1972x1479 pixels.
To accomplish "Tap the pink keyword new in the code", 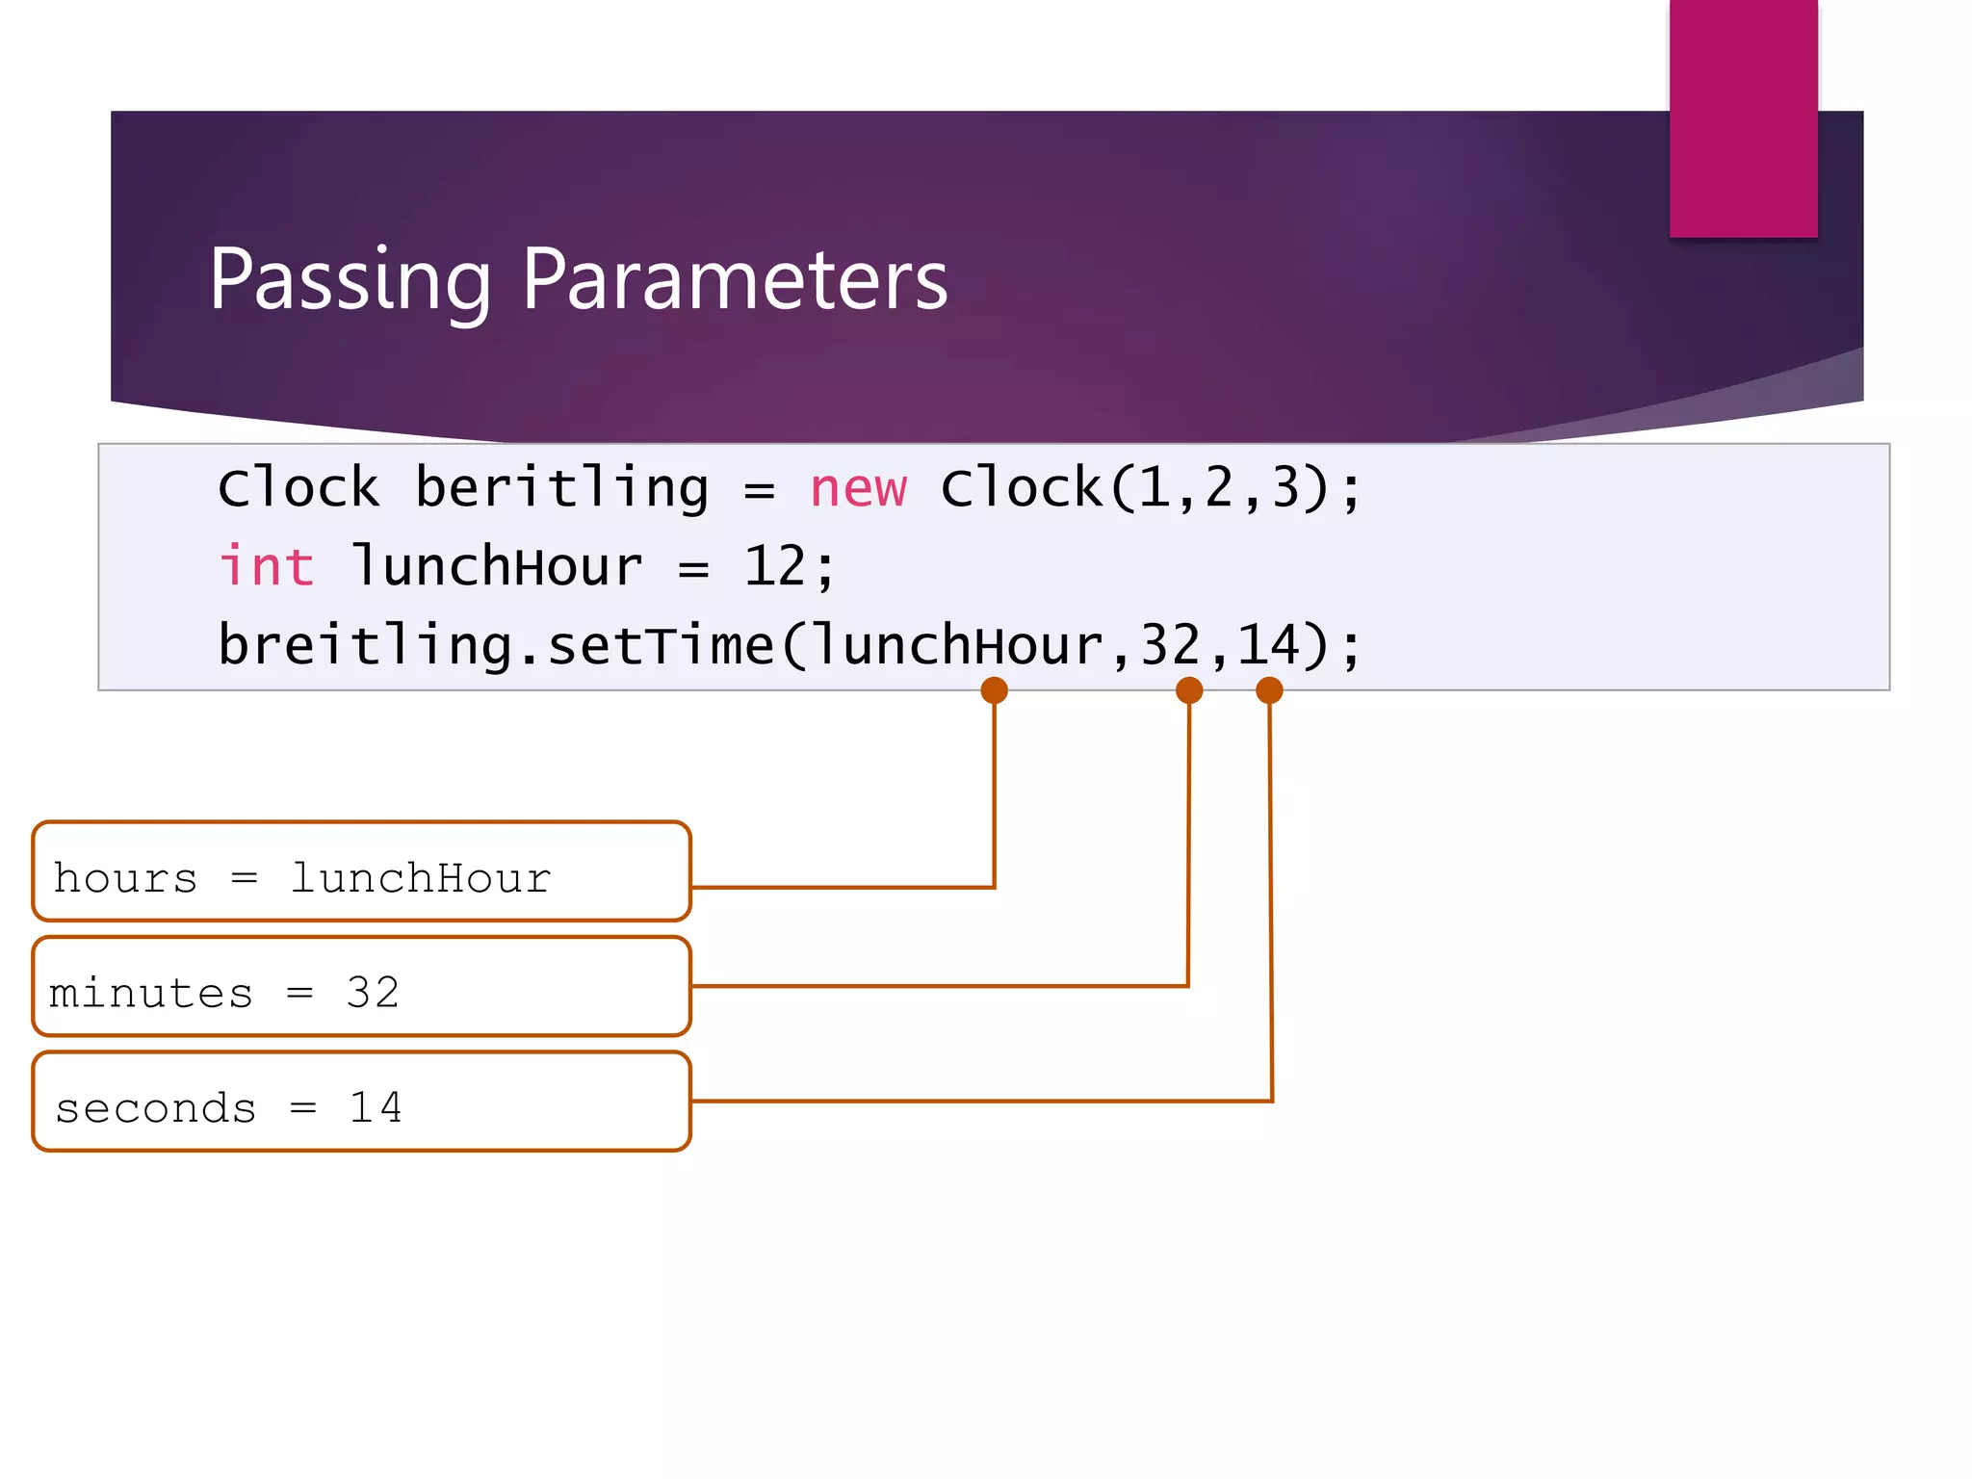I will pyautogui.click(x=858, y=488).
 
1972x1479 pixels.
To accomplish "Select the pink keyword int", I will pyautogui.click(x=267, y=566).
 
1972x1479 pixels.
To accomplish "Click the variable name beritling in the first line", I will pyautogui.click(x=562, y=488).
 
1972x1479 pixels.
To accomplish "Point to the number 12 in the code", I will pyautogui.click(x=775, y=566).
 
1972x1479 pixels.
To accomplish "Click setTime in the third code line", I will pyautogui.click(x=661, y=645).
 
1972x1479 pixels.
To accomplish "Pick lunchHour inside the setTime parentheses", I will pyautogui.click(x=959, y=645).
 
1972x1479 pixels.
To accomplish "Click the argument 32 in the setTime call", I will pyautogui.click(x=1171, y=645).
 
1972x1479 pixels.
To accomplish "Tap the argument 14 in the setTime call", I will pyautogui.click(x=1268, y=645).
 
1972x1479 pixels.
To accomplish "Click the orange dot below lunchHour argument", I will pyautogui.click(x=994, y=690).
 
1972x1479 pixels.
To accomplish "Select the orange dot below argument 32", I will pyautogui.click(x=1189, y=690).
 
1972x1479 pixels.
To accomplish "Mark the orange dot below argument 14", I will pyautogui.click(x=1269, y=690).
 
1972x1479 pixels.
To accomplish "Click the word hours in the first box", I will pyautogui.click(x=125, y=878).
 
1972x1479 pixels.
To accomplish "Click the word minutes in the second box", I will pyautogui.click(x=151, y=993).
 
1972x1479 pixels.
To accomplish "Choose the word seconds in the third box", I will pyautogui.click(x=156, y=1108).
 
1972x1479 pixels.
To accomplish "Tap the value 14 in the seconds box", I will pyautogui.click(x=376, y=1107).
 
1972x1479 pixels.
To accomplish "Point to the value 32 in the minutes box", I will pyautogui.click(x=373, y=992).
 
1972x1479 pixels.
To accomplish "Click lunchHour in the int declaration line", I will pyautogui.click(x=497, y=566).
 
